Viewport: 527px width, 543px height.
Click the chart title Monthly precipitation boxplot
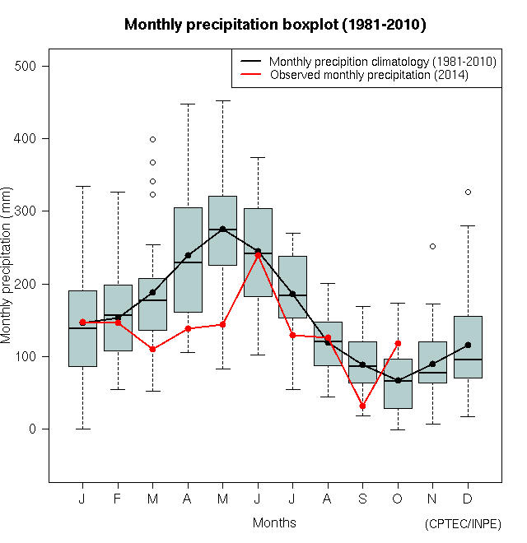274,25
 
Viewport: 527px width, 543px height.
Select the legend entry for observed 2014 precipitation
369,75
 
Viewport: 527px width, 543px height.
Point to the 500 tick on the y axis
32,66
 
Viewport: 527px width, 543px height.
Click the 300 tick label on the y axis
32,211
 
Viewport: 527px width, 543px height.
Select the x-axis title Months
274,523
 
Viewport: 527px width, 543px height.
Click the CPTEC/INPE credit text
463,524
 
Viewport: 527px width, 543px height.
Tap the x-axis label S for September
362,499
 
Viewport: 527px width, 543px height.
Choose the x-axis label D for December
468,499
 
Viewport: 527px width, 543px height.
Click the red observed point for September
362,406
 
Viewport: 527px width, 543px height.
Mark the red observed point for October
398,343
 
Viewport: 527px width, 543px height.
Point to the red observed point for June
258,255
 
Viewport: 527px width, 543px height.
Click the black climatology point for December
468,345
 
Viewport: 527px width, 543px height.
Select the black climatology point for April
188,255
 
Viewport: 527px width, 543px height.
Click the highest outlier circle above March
152,139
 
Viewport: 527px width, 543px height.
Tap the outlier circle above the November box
432,246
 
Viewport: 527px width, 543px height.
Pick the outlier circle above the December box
468,192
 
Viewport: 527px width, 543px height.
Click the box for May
222,231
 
